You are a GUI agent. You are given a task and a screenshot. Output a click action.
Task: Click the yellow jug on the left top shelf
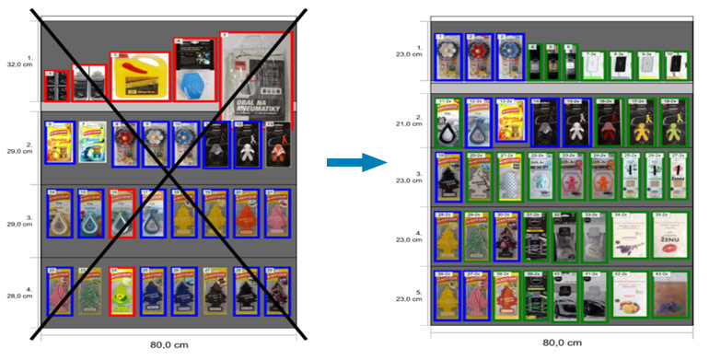[x=141, y=75]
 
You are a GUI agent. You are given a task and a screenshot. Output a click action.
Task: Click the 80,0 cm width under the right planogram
[x=562, y=342]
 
